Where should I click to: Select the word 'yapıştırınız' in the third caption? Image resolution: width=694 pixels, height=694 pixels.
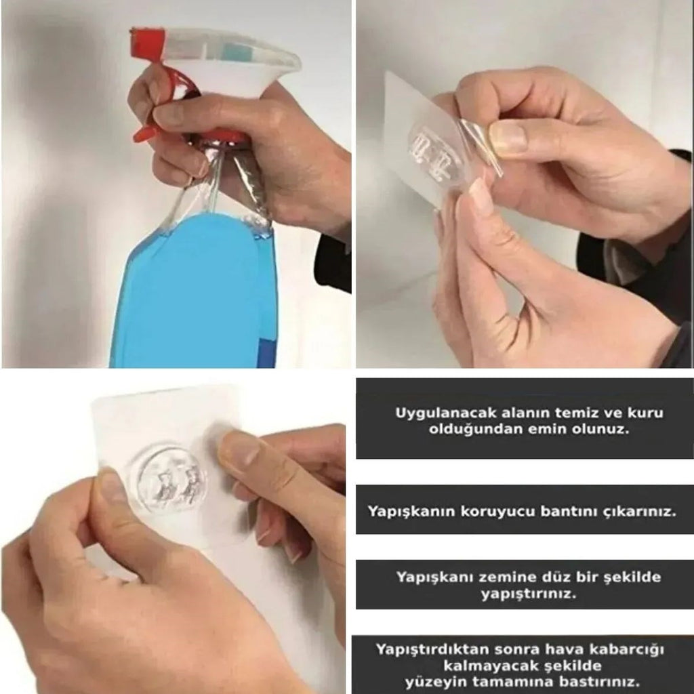(529, 594)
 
